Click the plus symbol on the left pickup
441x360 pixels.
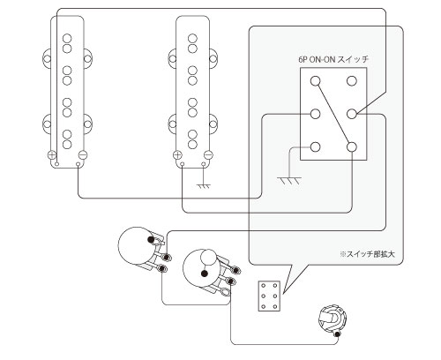coord(51,154)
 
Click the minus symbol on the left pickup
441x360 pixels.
coord(83,154)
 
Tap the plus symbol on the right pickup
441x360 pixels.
coord(177,154)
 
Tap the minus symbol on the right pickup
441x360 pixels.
coord(208,154)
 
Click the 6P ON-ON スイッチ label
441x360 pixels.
coord(333,59)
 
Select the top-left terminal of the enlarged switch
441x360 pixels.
coord(316,81)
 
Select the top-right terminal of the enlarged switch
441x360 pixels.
coord(352,81)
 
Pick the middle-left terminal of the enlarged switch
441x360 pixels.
coord(316,114)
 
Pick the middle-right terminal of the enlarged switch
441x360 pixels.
coord(352,114)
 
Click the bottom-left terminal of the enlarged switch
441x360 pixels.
coord(316,146)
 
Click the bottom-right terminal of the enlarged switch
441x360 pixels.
coord(352,146)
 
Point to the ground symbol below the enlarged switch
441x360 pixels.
coord(289,180)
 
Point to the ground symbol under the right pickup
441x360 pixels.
coord(204,186)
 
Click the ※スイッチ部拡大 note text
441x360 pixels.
coord(367,254)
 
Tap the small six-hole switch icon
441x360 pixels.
coord(269,296)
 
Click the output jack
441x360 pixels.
coord(333,320)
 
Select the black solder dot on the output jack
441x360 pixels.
coord(338,334)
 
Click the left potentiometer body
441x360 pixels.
coord(136,245)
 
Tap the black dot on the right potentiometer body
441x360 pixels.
coord(205,274)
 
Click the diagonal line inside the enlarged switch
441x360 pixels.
coord(333,114)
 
